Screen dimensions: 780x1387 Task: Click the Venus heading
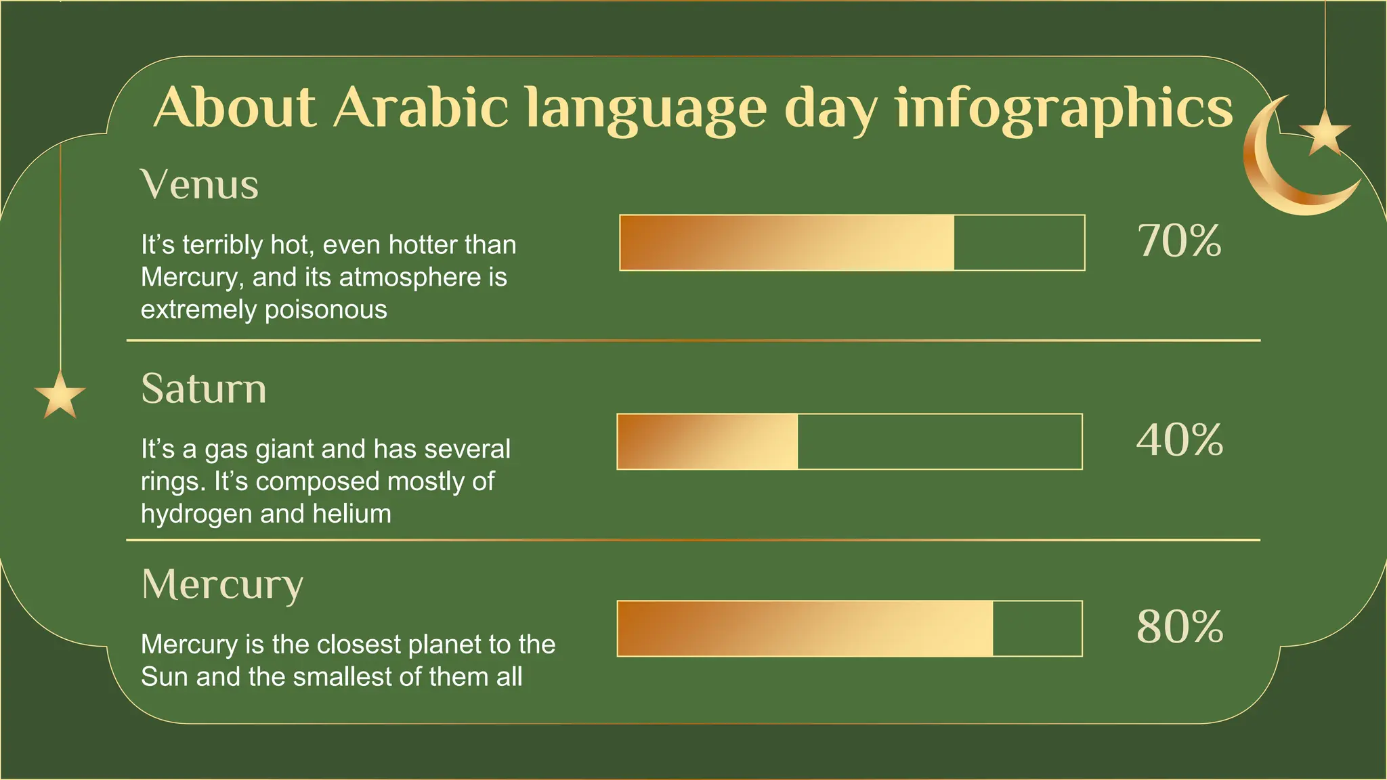(x=199, y=184)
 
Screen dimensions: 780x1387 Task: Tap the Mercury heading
(x=222, y=584)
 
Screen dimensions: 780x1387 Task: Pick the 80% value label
(x=1180, y=626)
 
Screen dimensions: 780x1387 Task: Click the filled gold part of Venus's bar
(x=786, y=242)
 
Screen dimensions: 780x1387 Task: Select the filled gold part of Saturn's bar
(x=707, y=441)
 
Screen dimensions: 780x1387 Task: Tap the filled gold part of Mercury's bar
(x=805, y=628)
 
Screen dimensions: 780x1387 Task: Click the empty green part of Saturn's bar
(x=940, y=441)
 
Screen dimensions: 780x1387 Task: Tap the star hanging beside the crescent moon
(x=1325, y=132)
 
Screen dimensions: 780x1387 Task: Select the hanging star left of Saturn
(x=60, y=395)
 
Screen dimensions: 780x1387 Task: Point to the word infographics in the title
(x=1063, y=108)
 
